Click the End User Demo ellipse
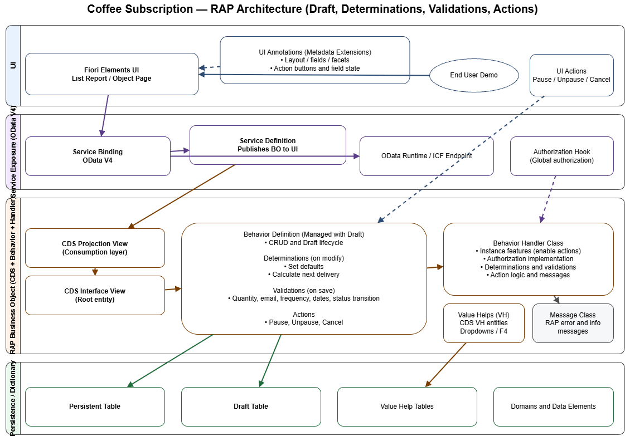pos(473,75)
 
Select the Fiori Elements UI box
pos(112,74)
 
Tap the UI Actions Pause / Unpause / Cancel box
pos(571,75)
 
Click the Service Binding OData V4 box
pos(98,156)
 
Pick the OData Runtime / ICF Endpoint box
pos(427,156)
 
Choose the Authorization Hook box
pos(561,156)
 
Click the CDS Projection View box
pos(95,248)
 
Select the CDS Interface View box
pos(95,295)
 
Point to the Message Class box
pos(573,323)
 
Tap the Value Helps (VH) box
pos(483,323)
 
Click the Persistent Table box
pos(95,406)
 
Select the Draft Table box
pos(251,406)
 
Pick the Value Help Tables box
pos(407,406)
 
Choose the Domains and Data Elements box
pos(553,406)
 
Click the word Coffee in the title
pos(106,9)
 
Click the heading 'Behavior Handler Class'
pos(528,243)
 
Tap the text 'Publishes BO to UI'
pos(268,149)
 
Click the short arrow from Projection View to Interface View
pos(95,272)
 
